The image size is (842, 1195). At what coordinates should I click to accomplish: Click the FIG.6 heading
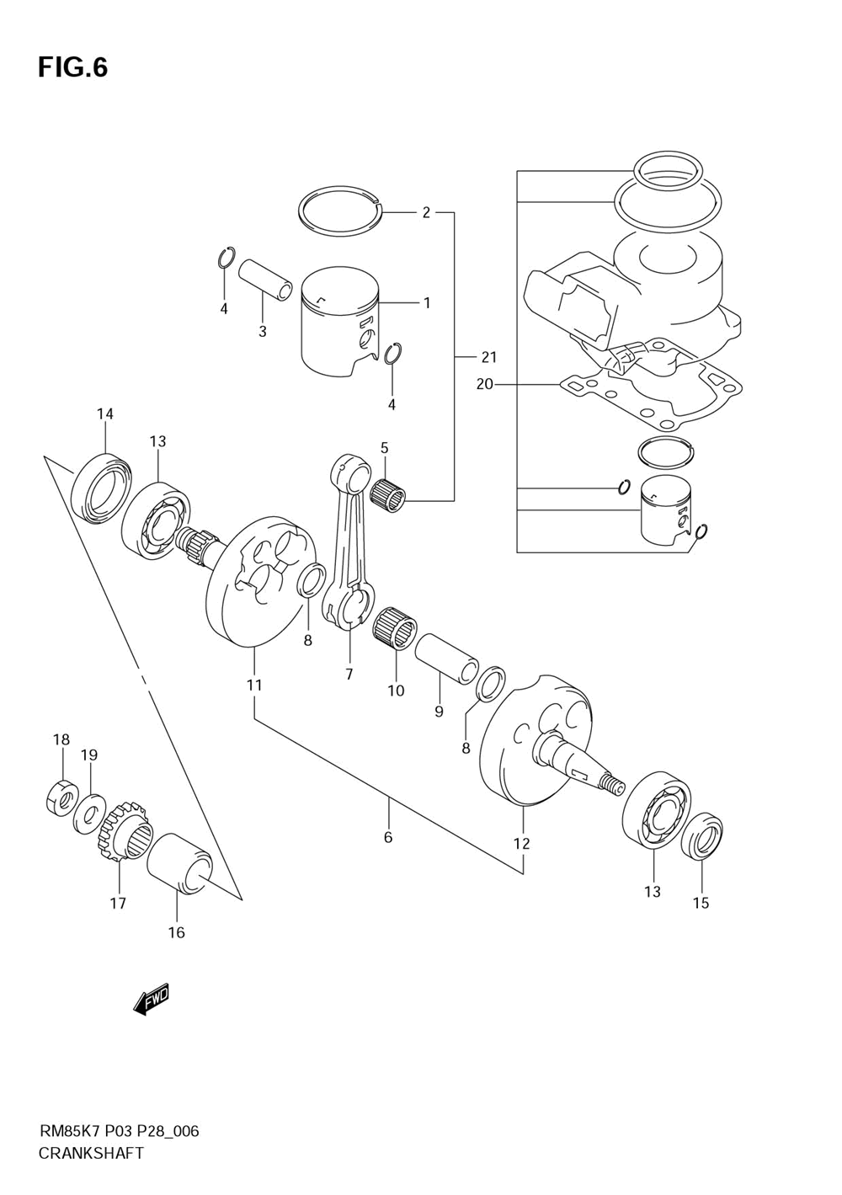(x=73, y=68)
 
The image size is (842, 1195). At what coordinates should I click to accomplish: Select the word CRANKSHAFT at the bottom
(x=91, y=1139)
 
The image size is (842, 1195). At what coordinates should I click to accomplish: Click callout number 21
(x=488, y=357)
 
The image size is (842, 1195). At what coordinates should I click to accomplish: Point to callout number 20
(x=485, y=383)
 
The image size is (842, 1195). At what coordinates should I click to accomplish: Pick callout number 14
(x=105, y=413)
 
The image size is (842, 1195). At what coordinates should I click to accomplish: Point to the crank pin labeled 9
(x=447, y=658)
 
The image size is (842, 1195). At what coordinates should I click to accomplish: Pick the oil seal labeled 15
(x=703, y=836)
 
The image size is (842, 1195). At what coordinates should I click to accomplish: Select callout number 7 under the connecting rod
(x=349, y=675)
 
